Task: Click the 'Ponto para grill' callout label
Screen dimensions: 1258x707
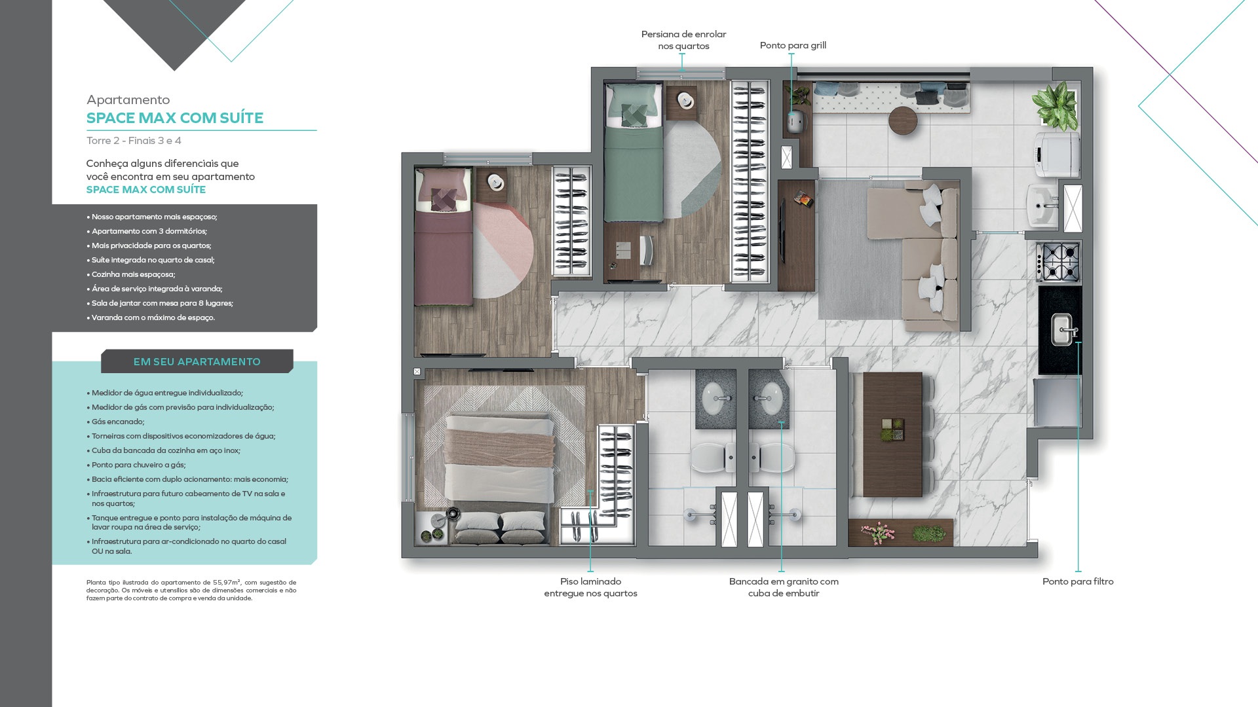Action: coord(793,45)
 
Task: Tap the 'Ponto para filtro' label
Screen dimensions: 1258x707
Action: coord(1078,581)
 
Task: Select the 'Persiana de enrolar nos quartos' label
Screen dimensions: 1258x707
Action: coord(683,40)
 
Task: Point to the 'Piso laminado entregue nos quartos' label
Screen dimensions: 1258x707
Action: coord(590,587)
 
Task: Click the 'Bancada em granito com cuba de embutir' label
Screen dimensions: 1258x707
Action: coord(784,587)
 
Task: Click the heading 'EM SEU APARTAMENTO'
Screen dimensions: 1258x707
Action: coord(197,361)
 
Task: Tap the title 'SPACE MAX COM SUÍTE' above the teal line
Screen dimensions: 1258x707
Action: coord(175,118)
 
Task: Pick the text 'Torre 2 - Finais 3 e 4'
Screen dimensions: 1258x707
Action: coord(134,141)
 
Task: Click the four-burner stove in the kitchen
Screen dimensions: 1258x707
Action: coord(1058,263)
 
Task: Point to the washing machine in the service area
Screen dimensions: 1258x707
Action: coord(1057,154)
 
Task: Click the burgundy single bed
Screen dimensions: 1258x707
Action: coord(444,237)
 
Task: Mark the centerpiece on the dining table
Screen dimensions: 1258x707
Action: coord(892,431)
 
